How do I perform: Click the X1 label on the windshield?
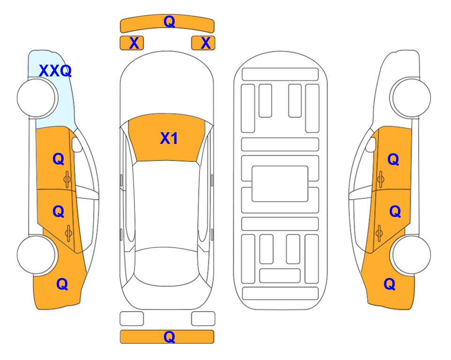169,138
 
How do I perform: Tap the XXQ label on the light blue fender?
55,71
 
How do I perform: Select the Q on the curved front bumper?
170,21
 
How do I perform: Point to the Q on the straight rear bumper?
170,337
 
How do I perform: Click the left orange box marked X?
132,43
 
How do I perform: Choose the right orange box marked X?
203,43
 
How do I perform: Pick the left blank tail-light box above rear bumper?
132,319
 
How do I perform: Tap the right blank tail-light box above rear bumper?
203,319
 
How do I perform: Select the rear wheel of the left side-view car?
36,255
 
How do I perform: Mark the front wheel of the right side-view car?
411,98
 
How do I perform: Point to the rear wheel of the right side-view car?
411,255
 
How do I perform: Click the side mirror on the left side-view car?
77,144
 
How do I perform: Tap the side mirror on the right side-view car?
371,144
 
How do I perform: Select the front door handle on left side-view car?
67,180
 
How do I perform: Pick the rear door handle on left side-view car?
68,233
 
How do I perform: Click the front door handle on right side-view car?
380,180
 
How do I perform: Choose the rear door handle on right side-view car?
379,233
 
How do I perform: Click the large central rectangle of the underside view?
280,184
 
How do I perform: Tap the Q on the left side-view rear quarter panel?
62,284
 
